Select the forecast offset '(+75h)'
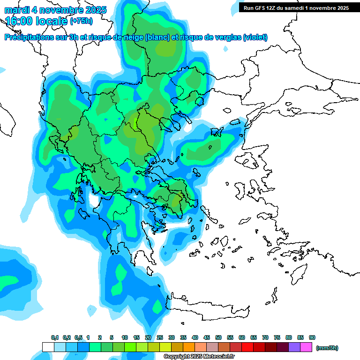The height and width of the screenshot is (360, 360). (x=81, y=21)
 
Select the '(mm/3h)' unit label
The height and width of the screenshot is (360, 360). (x=327, y=348)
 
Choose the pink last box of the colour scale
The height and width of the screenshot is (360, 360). (x=306, y=347)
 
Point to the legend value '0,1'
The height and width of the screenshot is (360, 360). (x=55, y=338)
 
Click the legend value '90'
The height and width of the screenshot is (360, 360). (x=312, y=338)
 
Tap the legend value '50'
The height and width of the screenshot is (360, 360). (x=218, y=338)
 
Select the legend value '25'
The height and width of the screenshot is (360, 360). (x=160, y=338)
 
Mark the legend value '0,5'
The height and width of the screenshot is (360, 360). (x=78, y=338)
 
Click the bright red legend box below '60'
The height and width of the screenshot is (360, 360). (x=247, y=347)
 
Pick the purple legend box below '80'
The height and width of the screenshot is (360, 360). (x=294, y=347)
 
